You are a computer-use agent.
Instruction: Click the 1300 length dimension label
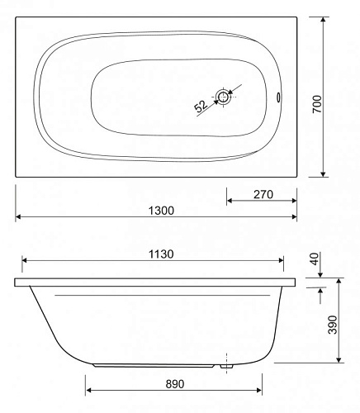pos(161,211)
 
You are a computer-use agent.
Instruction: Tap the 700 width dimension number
pos(317,104)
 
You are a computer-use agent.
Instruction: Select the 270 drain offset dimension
pos(263,194)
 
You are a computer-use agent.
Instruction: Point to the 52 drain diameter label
pos(201,107)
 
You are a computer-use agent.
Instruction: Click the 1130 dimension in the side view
pos(161,254)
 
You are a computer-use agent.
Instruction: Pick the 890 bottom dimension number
pos(175,384)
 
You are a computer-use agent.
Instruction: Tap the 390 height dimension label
pos(333,325)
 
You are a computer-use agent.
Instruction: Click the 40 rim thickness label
pos(315,259)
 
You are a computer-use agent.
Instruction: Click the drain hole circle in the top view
pos(223,97)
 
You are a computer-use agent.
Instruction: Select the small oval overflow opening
pos(278,97)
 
